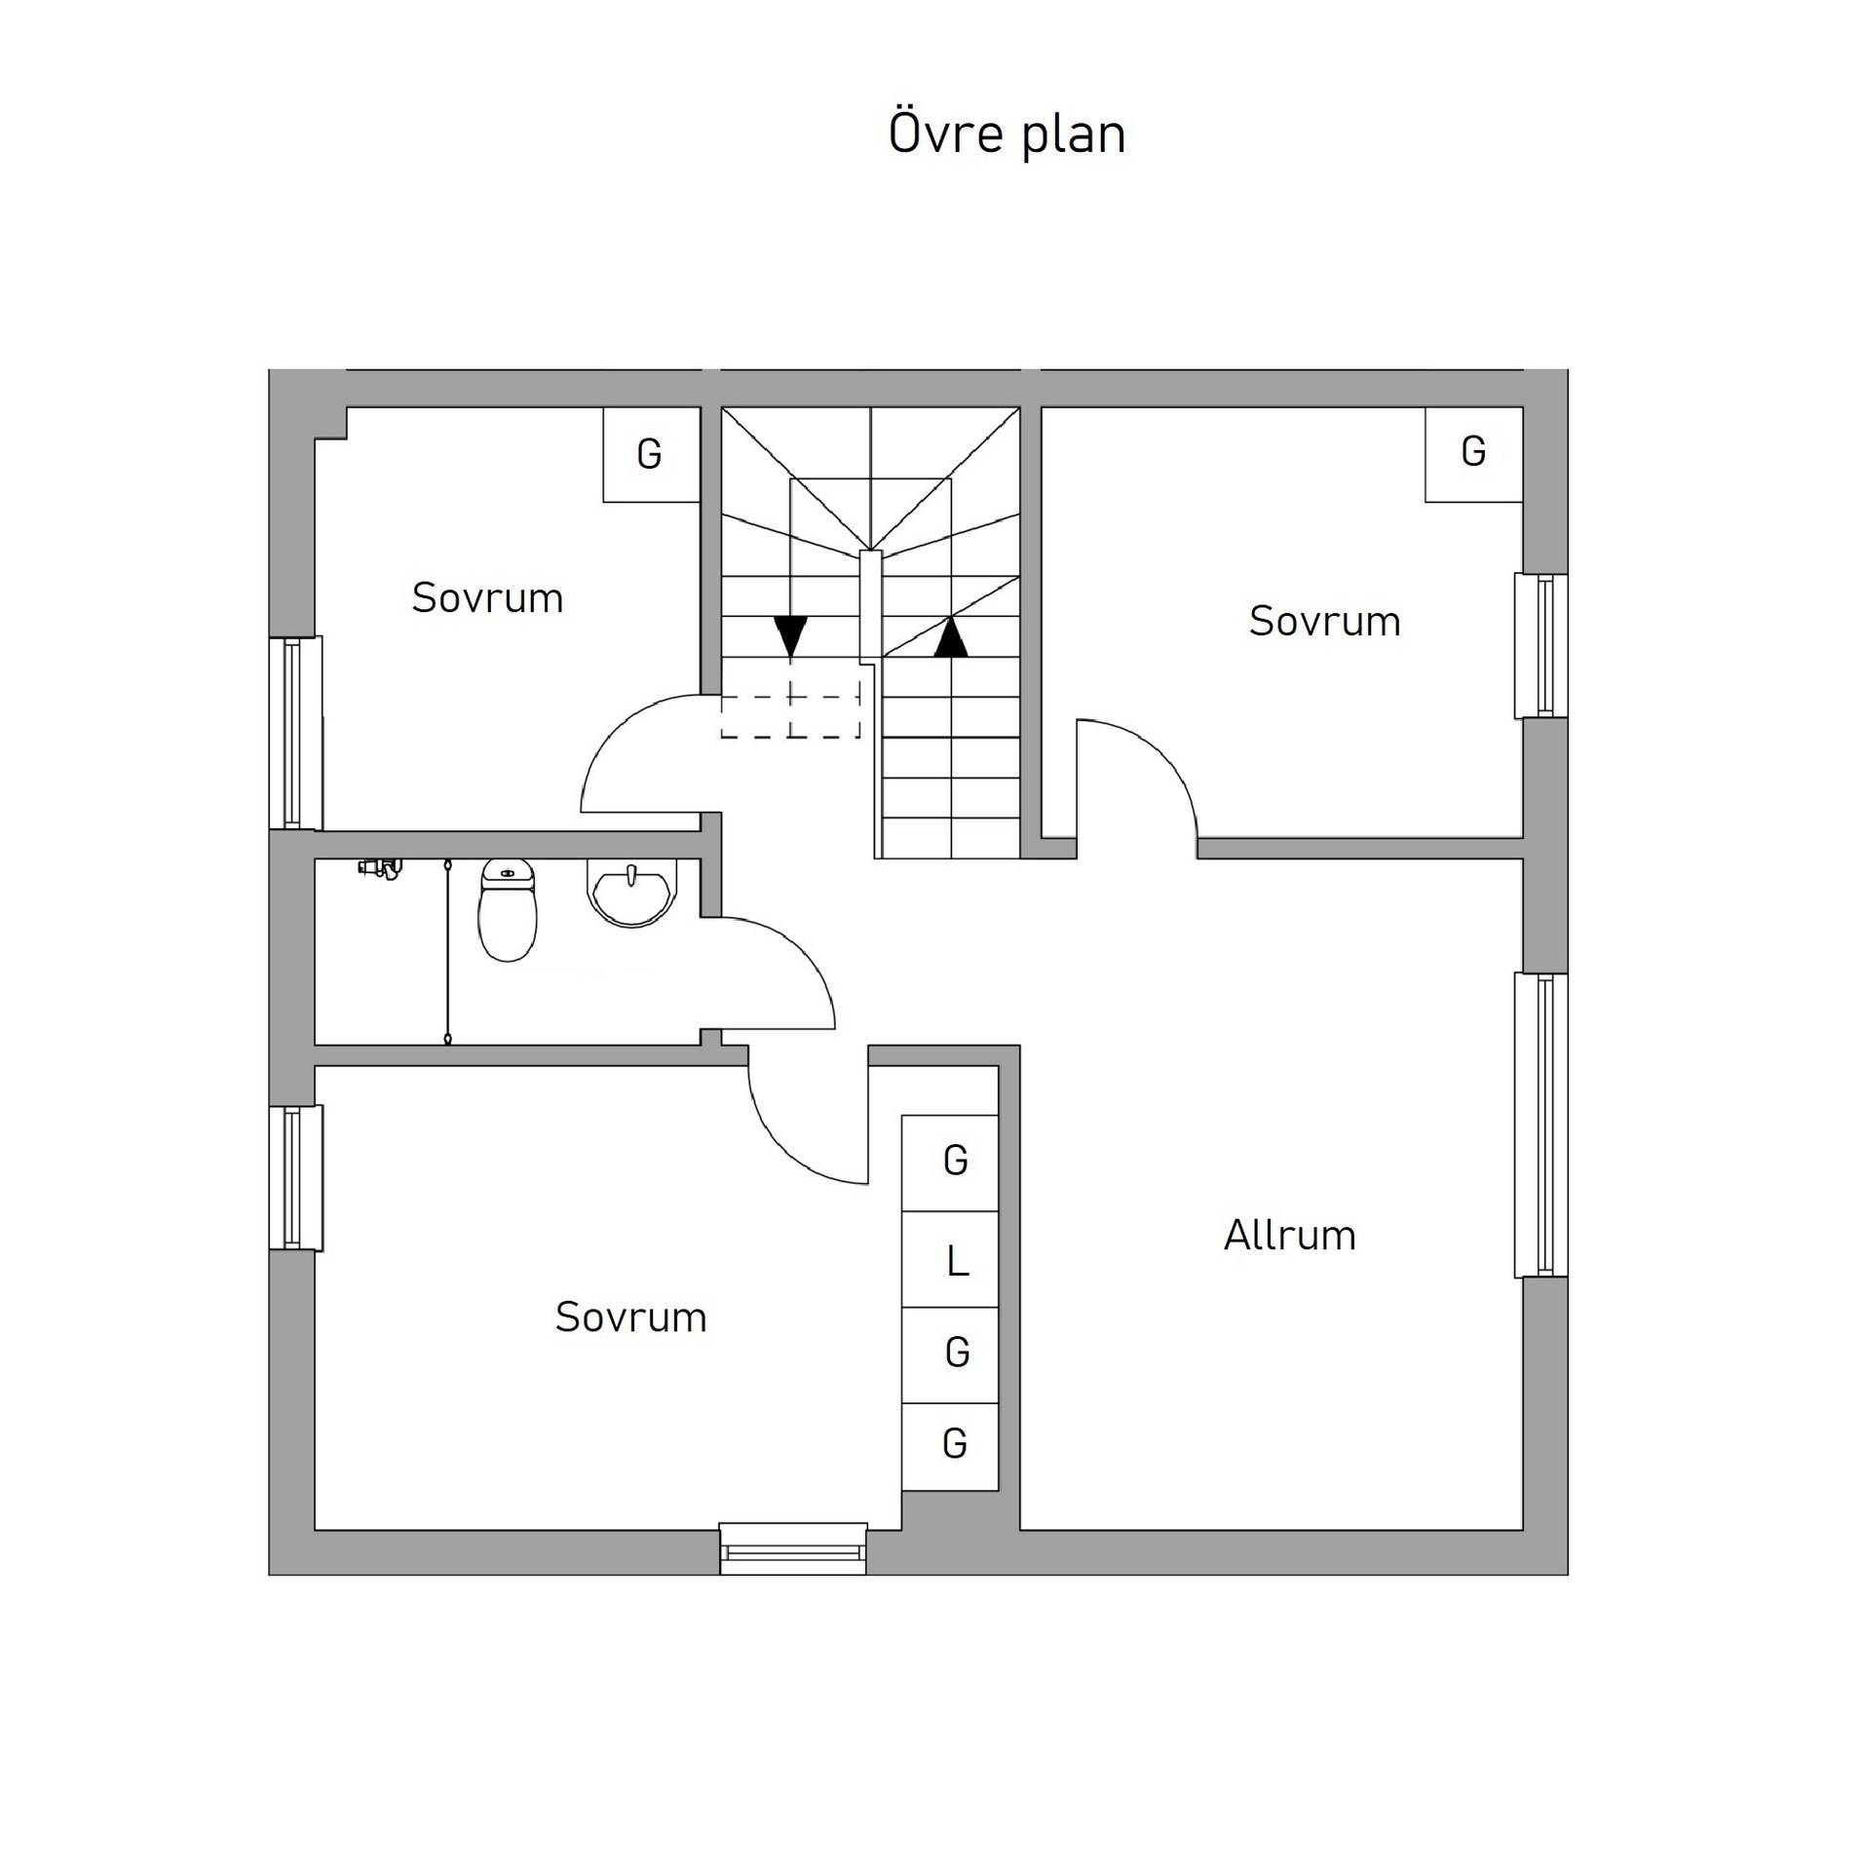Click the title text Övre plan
(x=1007, y=134)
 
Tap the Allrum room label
(x=1289, y=1235)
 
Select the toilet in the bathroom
(x=507, y=910)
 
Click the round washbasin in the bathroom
(x=631, y=892)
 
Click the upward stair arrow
(x=951, y=636)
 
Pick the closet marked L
(x=950, y=1259)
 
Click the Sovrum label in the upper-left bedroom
(x=487, y=597)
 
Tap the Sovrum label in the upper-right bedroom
(x=1325, y=621)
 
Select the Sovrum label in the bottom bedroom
(x=630, y=1317)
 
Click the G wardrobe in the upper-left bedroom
(x=651, y=454)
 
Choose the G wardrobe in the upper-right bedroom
(x=1473, y=454)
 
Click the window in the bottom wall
(x=793, y=1548)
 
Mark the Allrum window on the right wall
(x=1540, y=1125)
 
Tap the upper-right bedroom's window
(x=1540, y=646)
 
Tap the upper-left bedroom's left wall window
(x=295, y=733)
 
